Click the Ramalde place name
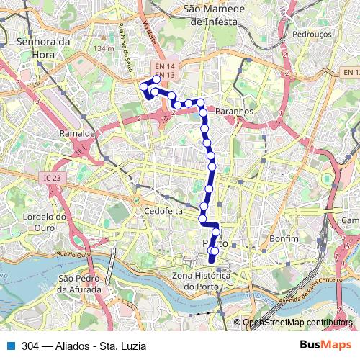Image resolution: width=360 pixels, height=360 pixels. point(78,134)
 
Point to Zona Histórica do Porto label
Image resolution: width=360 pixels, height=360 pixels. point(201,282)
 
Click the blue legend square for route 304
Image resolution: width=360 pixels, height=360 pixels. point(9,346)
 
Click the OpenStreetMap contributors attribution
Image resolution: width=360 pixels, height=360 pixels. point(297,323)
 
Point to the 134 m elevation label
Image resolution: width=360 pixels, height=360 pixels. point(104,48)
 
